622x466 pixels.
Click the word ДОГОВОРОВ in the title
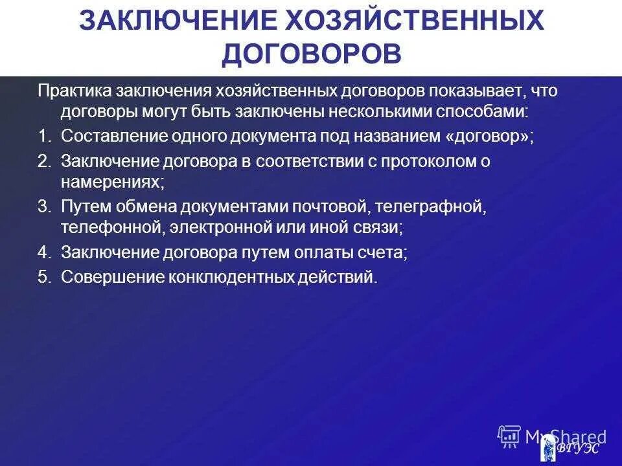[x=311, y=54]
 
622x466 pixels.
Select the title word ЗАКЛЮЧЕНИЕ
[x=170, y=21]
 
